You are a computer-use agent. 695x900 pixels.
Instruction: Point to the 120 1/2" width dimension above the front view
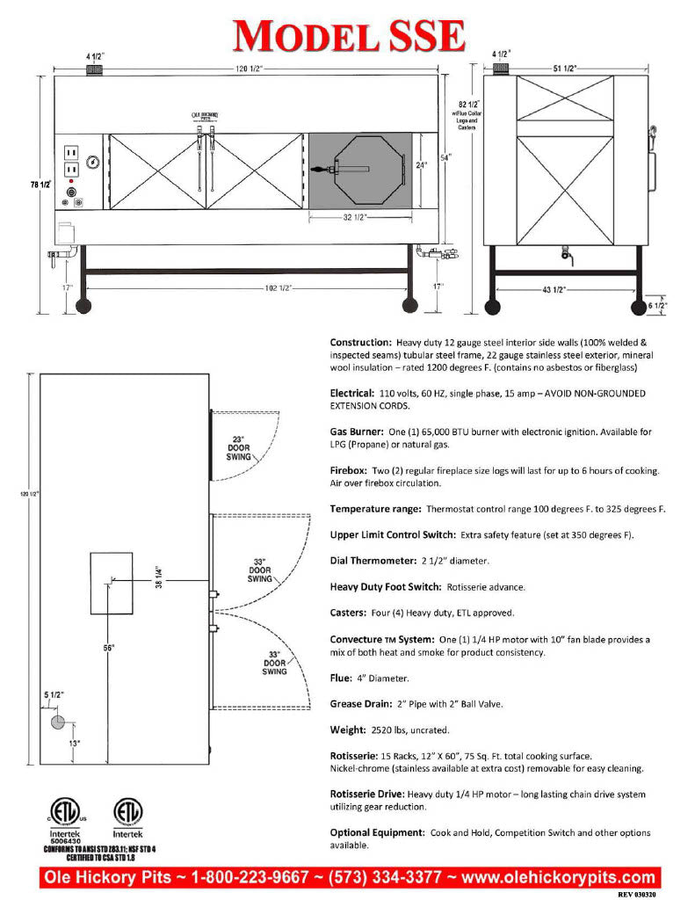(x=246, y=68)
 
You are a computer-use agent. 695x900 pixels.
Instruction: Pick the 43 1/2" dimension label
(x=567, y=290)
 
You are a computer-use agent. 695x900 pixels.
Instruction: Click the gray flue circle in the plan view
(x=57, y=722)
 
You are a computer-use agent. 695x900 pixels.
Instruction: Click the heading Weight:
(x=348, y=729)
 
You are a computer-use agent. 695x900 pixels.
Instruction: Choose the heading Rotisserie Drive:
(x=366, y=794)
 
